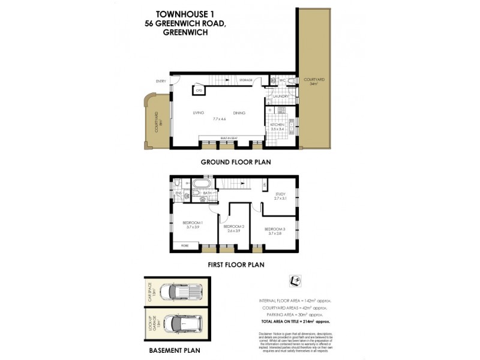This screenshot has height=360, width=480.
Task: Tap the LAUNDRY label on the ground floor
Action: click(x=281, y=96)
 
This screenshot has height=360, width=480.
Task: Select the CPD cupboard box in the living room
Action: click(x=198, y=91)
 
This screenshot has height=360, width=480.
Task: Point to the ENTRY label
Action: click(x=161, y=82)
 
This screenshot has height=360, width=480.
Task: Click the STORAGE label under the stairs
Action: click(x=245, y=80)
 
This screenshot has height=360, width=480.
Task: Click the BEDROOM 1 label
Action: click(x=193, y=223)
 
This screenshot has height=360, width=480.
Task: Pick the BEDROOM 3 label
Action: click(x=274, y=229)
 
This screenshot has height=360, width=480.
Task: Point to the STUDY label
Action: click(x=280, y=194)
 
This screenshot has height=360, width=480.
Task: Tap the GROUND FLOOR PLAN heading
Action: click(x=236, y=161)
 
